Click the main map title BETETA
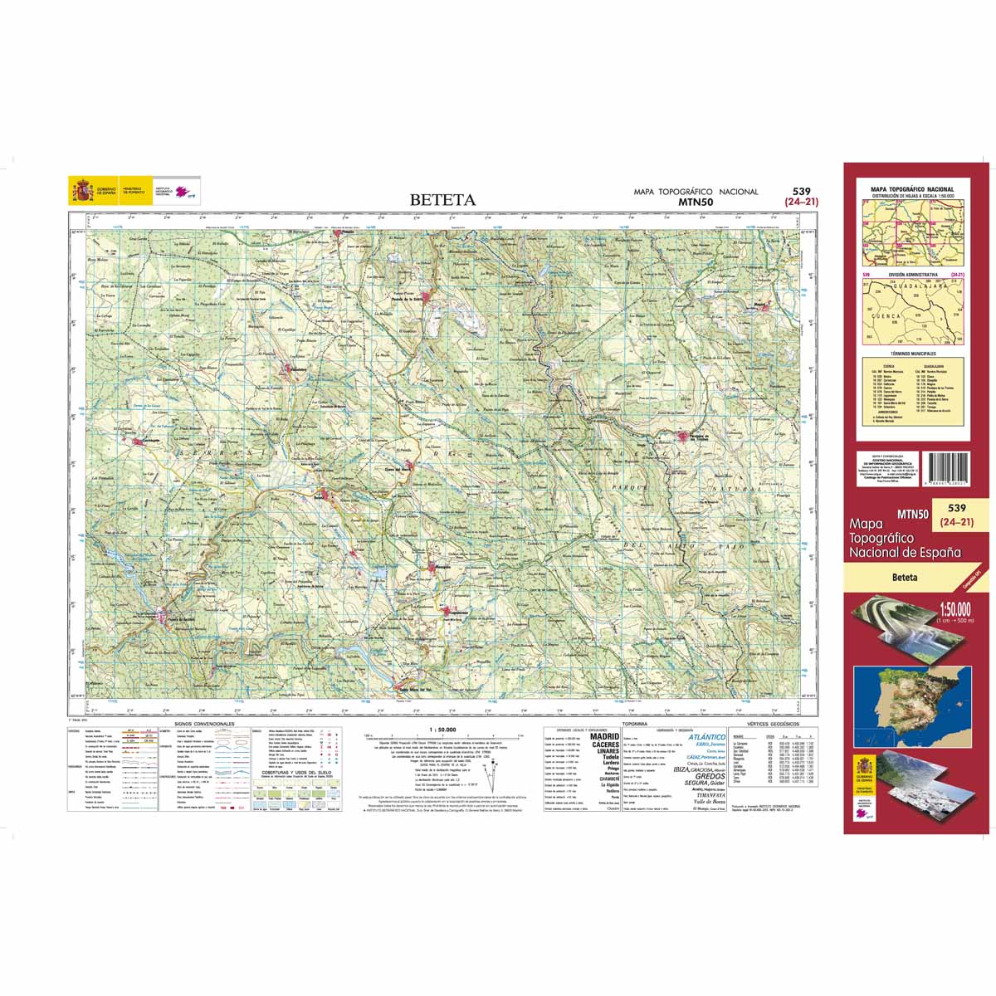442,200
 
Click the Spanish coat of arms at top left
82,192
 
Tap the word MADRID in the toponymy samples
603,736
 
